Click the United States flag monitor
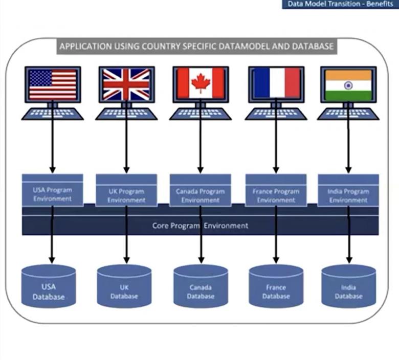tap(53, 84)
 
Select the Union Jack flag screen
tap(126, 84)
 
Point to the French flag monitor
tap(276, 83)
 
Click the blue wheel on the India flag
tap(348, 84)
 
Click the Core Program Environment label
tap(200, 226)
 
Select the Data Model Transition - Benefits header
tap(340, 4)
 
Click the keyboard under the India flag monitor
tap(348, 114)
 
